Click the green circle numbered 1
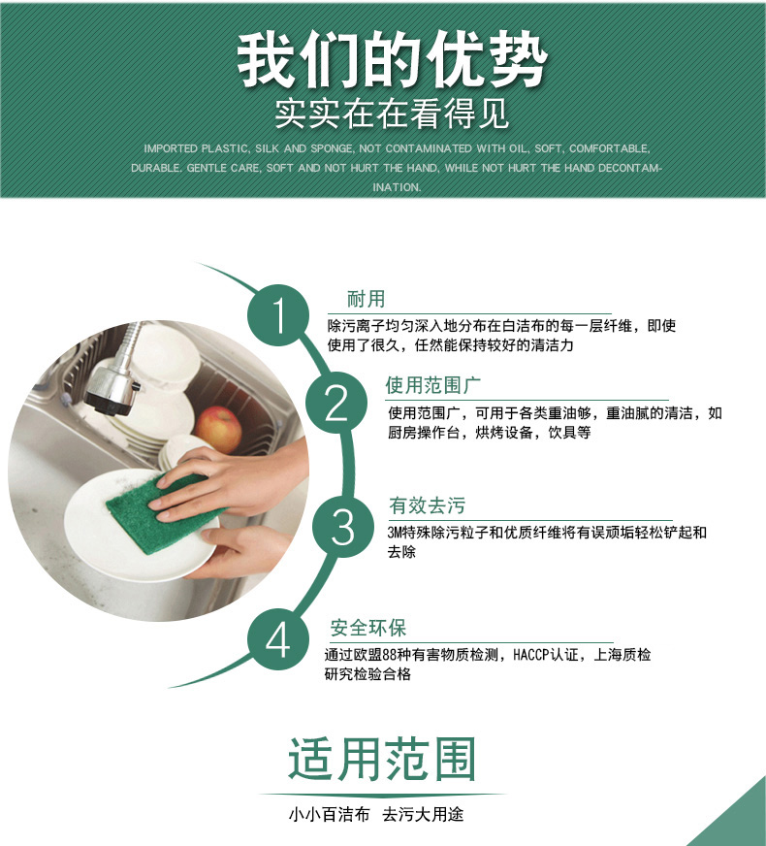point(278,315)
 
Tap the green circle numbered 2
point(336,403)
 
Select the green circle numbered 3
point(343,526)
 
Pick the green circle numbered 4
point(278,640)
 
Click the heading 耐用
point(366,299)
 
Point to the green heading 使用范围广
point(432,385)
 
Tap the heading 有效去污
point(427,505)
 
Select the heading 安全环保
point(368,628)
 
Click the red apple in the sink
point(218,430)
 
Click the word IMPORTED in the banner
point(171,148)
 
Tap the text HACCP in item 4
point(530,655)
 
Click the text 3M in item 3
point(395,533)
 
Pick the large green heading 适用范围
point(382,759)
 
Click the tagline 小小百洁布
point(329,814)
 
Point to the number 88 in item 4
point(389,655)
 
